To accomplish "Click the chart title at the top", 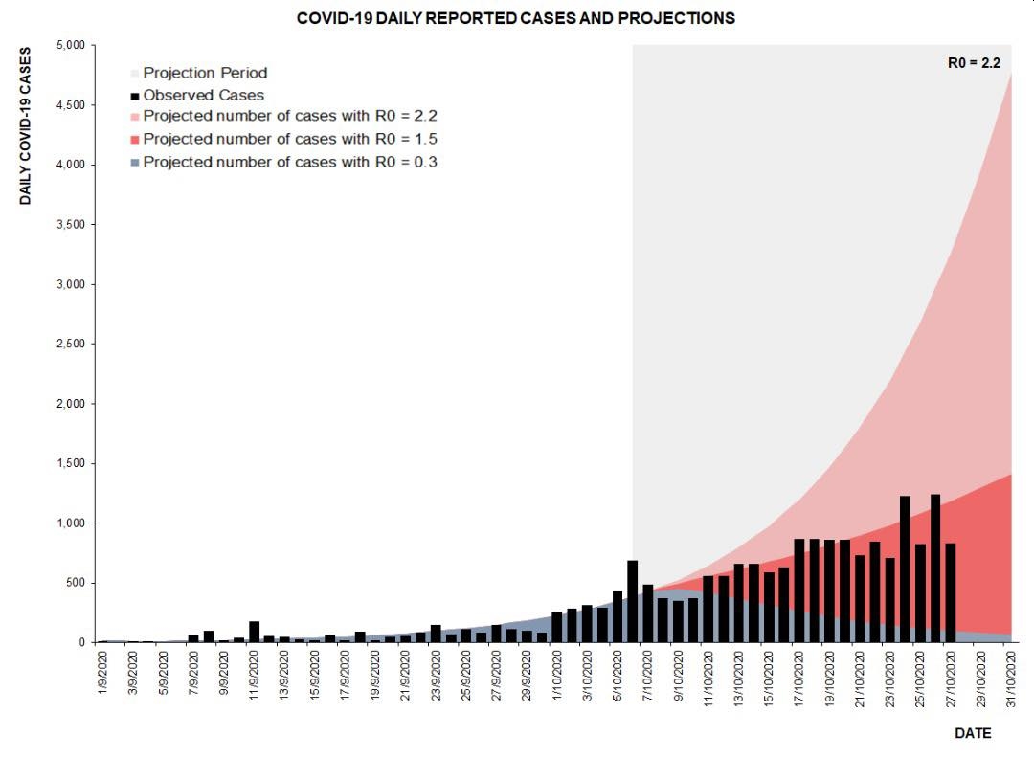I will pyautogui.click(x=516, y=18).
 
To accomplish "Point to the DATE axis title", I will pyautogui.click(x=973, y=733).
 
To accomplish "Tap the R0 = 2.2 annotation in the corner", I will pyautogui.click(x=974, y=63).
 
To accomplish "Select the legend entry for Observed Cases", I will pyautogui.click(x=203, y=95).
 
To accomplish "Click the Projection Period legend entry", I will pyautogui.click(x=205, y=73).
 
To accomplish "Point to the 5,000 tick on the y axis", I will pyautogui.click(x=71, y=45).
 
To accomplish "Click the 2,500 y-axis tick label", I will pyautogui.click(x=71, y=344).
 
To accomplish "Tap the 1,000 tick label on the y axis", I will pyautogui.click(x=71, y=523).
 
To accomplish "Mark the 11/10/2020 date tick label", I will pyautogui.click(x=708, y=677).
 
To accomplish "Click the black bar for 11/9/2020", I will pyautogui.click(x=254, y=633).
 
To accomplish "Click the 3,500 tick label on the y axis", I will pyautogui.click(x=71, y=225).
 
